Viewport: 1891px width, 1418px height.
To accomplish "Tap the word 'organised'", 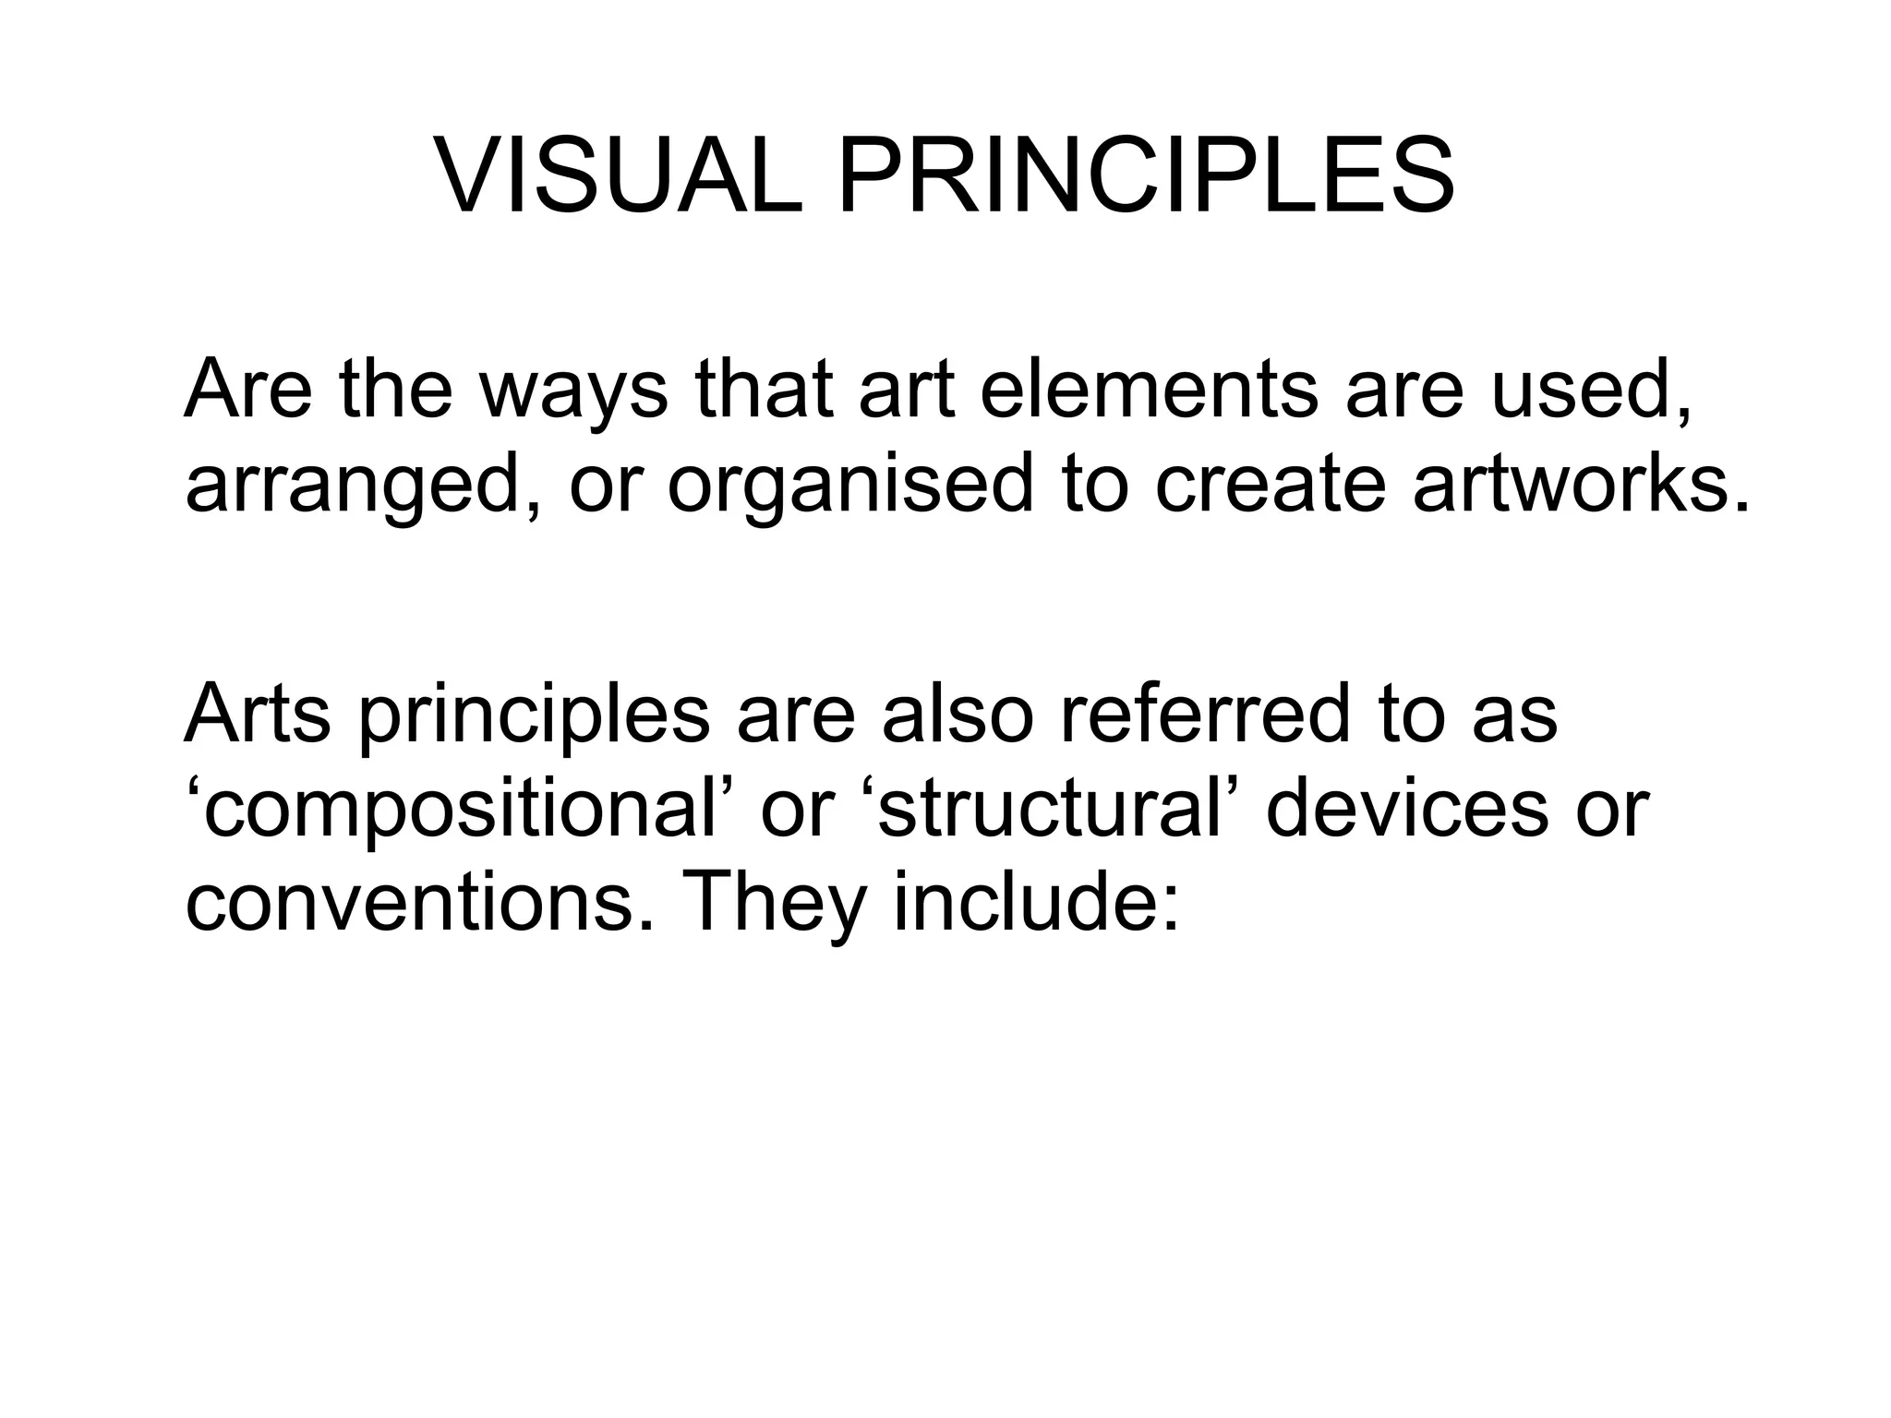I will [849, 487].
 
